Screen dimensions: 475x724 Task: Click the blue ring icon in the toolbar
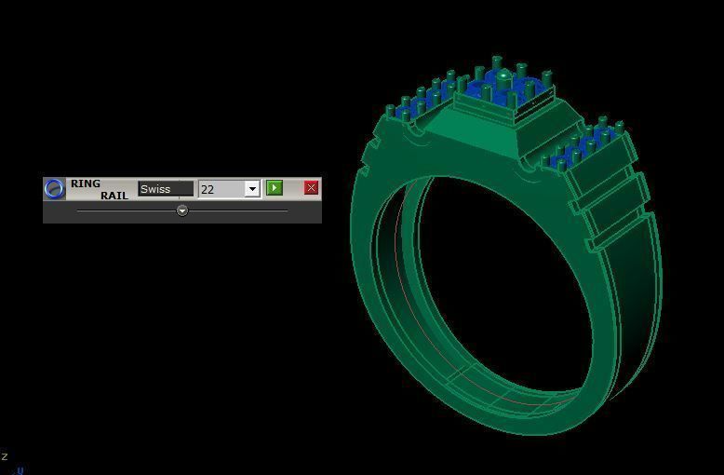(55, 189)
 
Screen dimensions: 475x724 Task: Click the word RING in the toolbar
(85, 183)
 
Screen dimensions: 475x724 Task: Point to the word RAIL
(114, 196)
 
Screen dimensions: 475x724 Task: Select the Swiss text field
(166, 189)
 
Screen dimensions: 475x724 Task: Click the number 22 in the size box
(208, 189)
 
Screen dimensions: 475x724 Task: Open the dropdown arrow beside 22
(251, 189)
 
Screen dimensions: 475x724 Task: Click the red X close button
(311, 188)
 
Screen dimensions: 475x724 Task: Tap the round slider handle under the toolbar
(182, 210)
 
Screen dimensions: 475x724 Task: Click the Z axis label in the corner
(5, 456)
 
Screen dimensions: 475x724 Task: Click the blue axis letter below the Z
(20, 470)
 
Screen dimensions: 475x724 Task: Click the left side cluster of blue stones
(423, 102)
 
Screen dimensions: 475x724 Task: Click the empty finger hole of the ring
(503, 279)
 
